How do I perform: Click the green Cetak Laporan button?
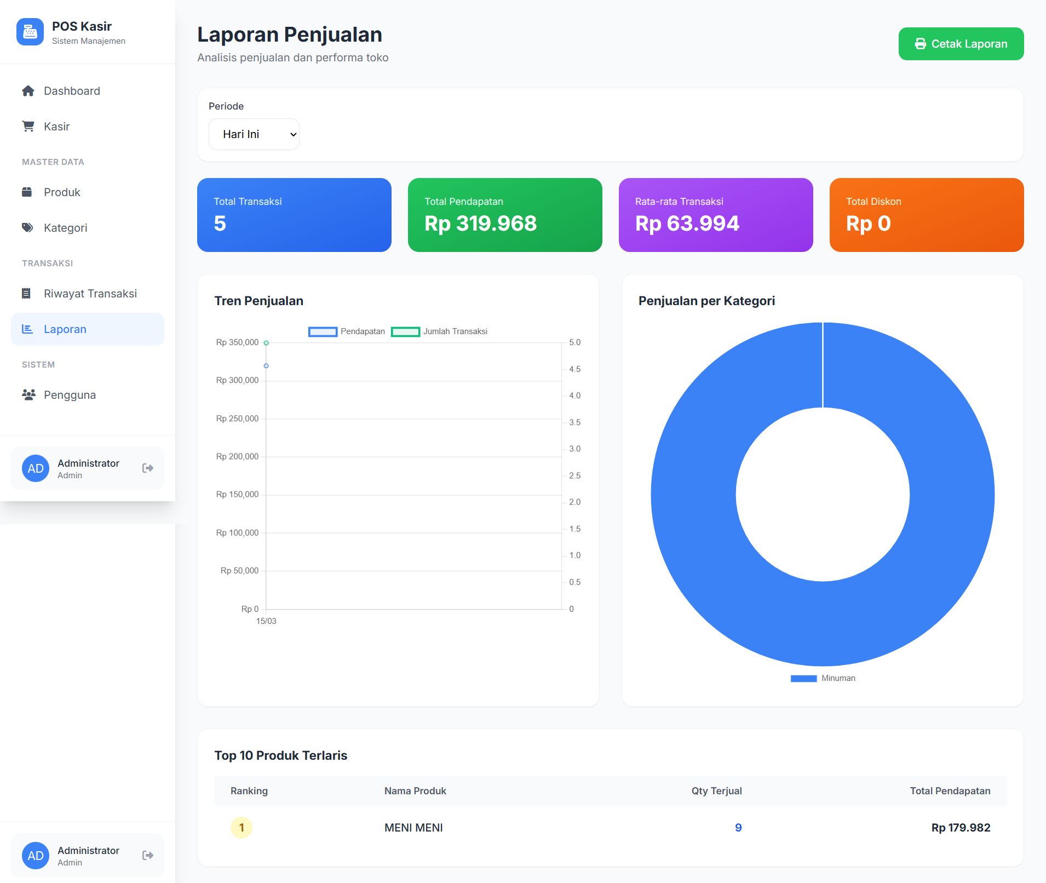click(x=961, y=44)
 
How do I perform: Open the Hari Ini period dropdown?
click(x=254, y=134)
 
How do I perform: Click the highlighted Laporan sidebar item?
click(x=88, y=329)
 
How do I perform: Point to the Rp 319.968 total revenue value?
click(x=480, y=223)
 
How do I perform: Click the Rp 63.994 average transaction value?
click(x=687, y=223)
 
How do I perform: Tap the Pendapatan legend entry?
click(x=347, y=331)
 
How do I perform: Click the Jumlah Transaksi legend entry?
click(x=439, y=331)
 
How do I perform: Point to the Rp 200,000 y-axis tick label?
click(x=237, y=456)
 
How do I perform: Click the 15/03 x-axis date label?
click(x=266, y=621)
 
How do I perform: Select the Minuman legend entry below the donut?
click(x=823, y=678)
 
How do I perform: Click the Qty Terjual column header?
click(x=716, y=791)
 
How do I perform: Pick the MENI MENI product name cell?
click(x=413, y=828)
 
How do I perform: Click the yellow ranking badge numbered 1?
click(x=242, y=828)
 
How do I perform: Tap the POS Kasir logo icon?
click(x=30, y=32)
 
